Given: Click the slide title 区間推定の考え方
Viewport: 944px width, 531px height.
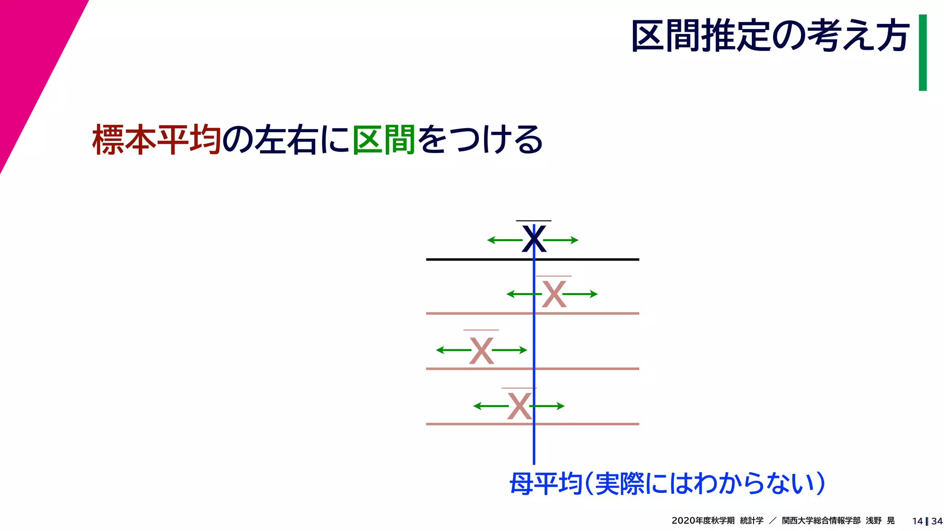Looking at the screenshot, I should [x=770, y=36].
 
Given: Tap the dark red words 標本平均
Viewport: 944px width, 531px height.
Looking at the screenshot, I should [x=157, y=139].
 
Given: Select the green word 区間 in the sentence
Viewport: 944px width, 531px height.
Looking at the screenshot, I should [x=384, y=139].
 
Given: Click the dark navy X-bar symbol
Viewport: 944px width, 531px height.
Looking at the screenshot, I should [x=534, y=239].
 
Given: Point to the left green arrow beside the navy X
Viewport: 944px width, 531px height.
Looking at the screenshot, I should [x=504, y=240].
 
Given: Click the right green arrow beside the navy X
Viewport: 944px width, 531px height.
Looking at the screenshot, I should [x=561, y=240].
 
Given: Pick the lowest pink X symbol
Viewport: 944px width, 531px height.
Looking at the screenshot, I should [x=519, y=406].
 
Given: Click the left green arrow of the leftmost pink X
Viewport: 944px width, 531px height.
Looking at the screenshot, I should [x=453, y=350].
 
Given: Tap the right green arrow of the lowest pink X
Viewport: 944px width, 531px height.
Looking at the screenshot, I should [x=548, y=406].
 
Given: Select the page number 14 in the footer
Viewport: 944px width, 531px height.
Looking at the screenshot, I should [x=917, y=521].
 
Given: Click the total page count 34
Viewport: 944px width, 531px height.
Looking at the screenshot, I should [x=937, y=521].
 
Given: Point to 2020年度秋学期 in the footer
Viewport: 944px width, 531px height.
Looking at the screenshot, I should [x=702, y=521].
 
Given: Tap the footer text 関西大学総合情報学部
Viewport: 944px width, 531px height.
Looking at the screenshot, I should [x=821, y=521].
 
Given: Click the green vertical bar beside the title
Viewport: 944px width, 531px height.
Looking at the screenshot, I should [x=922, y=53].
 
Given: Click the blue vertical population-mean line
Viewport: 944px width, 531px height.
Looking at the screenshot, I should [x=534, y=442].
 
